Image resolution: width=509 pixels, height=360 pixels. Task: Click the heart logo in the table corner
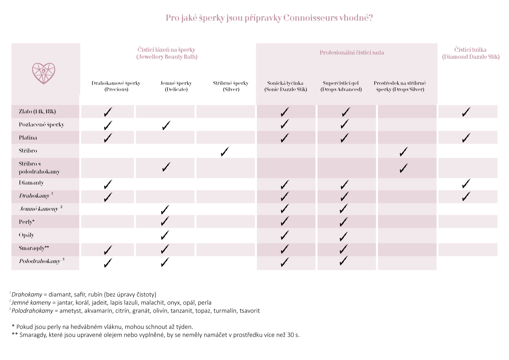[44, 73]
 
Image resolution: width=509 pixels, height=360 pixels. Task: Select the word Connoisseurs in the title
[310, 18]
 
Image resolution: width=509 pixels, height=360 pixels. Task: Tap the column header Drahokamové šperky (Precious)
[116, 86]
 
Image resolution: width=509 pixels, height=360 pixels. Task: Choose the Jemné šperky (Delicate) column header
[176, 86]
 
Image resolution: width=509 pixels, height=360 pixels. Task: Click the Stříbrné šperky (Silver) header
[231, 86]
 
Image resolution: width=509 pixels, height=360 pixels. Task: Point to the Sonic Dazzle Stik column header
[285, 86]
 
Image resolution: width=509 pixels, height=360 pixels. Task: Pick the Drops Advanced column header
[341, 86]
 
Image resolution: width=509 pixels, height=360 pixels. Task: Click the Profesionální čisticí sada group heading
[352, 53]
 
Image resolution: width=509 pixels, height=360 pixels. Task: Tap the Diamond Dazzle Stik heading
[470, 53]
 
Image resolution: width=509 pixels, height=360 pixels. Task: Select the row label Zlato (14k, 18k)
[37, 112]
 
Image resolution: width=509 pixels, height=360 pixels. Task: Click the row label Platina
[28, 138]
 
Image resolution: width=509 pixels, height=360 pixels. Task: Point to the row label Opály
[26, 235]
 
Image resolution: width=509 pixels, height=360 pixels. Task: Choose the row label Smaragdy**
[34, 248]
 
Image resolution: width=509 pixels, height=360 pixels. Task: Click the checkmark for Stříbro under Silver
[224, 151]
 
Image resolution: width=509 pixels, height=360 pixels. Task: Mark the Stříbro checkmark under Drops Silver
[404, 151]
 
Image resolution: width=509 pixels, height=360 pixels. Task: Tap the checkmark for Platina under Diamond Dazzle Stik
[466, 138]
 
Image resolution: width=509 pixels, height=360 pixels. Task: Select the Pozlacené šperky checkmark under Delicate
[166, 125]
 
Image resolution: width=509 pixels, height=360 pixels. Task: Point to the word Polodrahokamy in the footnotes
[32, 311]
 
